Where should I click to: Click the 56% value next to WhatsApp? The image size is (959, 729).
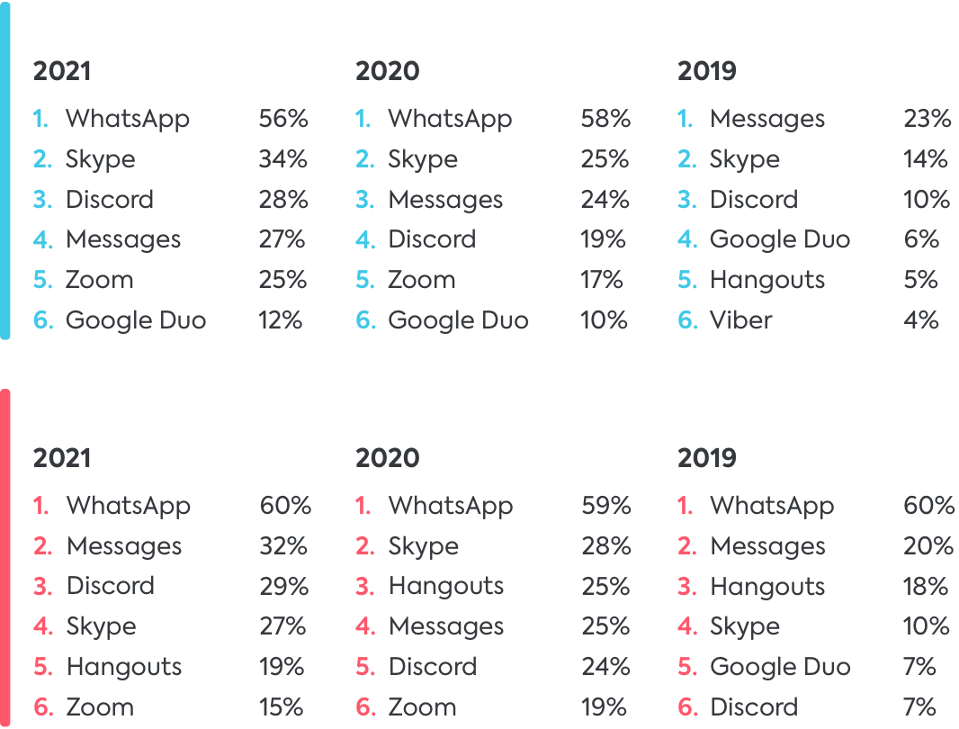tap(283, 119)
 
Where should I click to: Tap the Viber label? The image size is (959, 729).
tap(740, 320)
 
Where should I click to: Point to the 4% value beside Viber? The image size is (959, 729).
tap(921, 320)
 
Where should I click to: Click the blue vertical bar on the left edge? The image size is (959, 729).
tap(5, 171)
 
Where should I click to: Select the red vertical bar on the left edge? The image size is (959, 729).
tap(5, 558)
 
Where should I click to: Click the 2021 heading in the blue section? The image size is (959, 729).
tap(62, 71)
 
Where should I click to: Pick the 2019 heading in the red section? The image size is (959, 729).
tap(706, 458)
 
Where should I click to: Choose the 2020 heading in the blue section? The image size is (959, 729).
tap(387, 71)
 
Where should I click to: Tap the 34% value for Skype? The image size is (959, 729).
tap(283, 159)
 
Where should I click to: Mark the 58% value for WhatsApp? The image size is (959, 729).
tap(605, 119)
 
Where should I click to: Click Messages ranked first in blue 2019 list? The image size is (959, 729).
tap(766, 119)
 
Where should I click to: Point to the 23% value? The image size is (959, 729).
tap(927, 119)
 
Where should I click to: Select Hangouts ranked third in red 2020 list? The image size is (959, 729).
tap(445, 587)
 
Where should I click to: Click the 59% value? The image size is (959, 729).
tap(605, 506)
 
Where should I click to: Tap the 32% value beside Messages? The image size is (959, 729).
tap(283, 546)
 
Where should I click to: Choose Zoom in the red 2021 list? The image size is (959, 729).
tap(100, 707)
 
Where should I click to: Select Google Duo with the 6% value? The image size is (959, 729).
tap(779, 239)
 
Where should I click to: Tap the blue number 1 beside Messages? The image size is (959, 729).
tap(686, 119)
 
